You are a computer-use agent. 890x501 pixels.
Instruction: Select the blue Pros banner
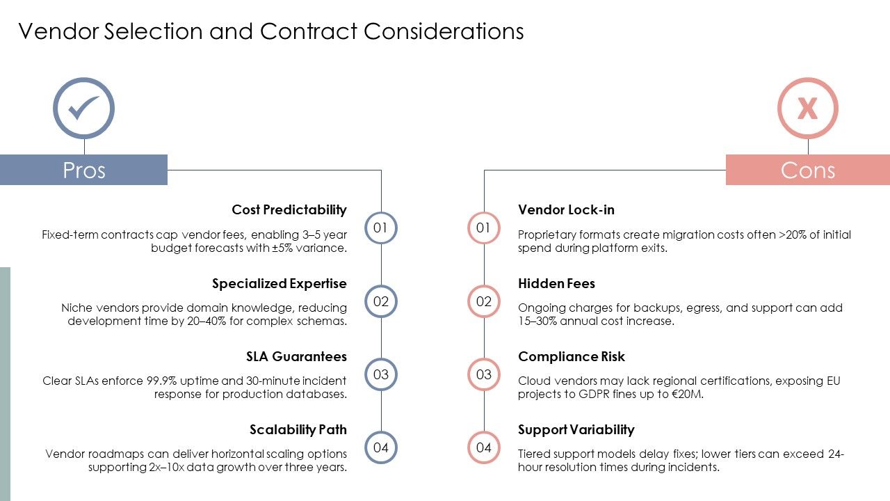[x=84, y=170]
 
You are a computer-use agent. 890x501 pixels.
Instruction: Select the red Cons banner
[x=808, y=170]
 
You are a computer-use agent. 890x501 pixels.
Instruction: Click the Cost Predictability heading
[x=289, y=209]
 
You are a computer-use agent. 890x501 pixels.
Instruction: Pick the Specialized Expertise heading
[x=280, y=283]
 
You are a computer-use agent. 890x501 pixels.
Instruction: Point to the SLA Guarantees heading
[x=296, y=356]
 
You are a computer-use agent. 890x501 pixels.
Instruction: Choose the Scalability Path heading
[x=298, y=429]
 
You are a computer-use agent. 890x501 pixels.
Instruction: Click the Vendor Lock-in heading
[x=566, y=209]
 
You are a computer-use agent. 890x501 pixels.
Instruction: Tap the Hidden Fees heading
[x=557, y=283]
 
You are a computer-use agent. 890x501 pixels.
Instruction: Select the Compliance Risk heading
[x=572, y=356]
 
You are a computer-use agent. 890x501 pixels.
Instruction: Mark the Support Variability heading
[x=576, y=429]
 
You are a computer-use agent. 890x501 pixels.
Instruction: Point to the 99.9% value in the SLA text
[x=161, y=381]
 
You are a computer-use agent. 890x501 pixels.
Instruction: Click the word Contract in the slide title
[x=309, y=31]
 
